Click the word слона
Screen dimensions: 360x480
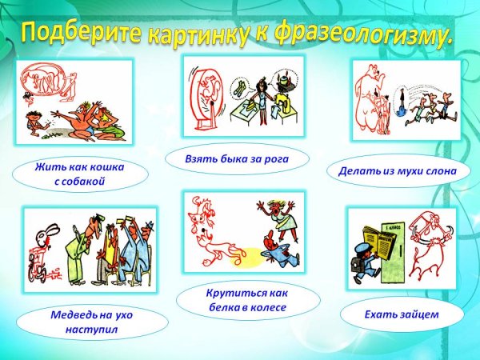click(435, 170)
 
